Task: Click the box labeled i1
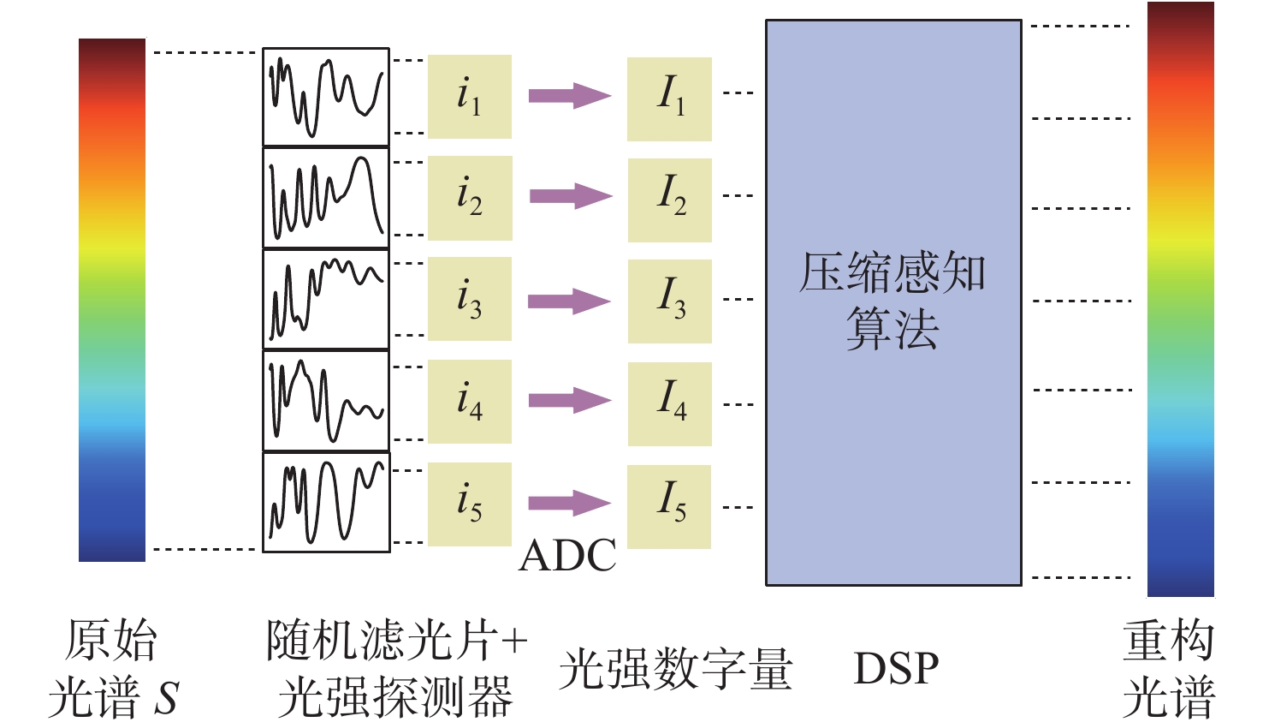(x=470, y=97)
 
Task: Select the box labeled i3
(x=470, y=299)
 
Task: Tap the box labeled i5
(x=470, y=504)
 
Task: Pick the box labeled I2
(x=670, y=200)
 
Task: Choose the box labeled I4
(x=670, y=403)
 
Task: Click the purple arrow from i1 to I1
(x=569, y=95)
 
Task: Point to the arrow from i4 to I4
(x=569, y=400)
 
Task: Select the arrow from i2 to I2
(x=570, y=196)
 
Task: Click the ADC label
(x=568, y=556)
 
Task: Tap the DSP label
(x=896, y=669)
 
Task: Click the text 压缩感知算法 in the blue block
(x=892, y=301)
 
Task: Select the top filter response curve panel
(x=326, y=97)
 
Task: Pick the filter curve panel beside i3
(x=326, y=299)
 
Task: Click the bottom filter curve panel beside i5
(x=326, y=502)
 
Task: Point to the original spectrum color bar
(x=112, y=300)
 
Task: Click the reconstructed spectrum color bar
(x=1180, y=300)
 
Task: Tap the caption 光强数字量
(x=676, y=669)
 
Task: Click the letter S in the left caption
(x=165, y=698)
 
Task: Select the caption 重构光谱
(x=1168, y=669)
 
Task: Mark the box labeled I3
(x=670, y=301)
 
